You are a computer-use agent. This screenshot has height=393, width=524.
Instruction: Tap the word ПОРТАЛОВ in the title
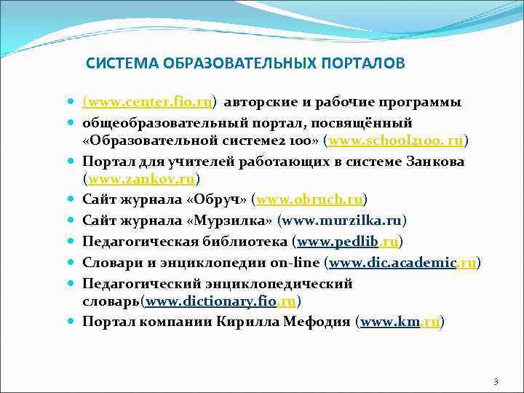(361, 63)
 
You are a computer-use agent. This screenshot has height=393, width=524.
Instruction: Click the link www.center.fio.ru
(152, 102)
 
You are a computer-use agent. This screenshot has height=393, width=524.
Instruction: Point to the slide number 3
(496, 382)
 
